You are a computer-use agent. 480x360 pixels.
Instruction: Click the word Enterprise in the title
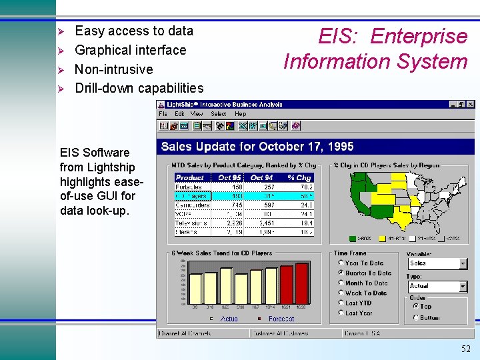click(x=419, y=36)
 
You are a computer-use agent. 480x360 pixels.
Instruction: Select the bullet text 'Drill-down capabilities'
click(x=139, y=88)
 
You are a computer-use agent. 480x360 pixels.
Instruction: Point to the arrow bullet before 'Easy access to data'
click(x=61, y=31)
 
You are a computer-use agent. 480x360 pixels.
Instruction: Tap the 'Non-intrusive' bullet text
click(x=113, y=69)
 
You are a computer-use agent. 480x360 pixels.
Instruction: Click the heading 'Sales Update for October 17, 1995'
click(x=257, y=147)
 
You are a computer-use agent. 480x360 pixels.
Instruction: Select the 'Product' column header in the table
click(x=190, y=177)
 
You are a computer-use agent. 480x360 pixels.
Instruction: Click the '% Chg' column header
click(x=299, y=177)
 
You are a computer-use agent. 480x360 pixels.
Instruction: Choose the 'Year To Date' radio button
click(x=341, y=263)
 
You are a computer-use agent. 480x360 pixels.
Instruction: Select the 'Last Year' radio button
click(x=341, y=313)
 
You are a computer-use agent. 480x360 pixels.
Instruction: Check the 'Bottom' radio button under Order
click(x=416, y=318)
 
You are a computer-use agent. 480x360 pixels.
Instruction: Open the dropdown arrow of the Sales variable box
click(x=463, y=264)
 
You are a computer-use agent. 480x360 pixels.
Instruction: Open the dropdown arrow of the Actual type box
click(x=463, y=287)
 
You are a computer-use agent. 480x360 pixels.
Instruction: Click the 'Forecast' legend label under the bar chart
click(x=281, y=319)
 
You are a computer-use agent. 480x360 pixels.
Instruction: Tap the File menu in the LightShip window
click(x=163, y=114)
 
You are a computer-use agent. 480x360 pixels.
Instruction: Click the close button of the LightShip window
click(x=471, y=105)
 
